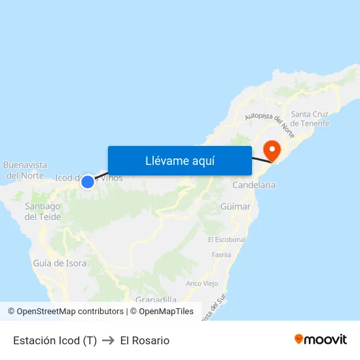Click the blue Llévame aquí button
179,160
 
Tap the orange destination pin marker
270,149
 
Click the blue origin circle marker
87,181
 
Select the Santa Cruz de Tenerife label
310,118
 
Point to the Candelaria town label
254,185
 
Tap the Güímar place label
236,207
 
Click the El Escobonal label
226,240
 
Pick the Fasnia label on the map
221,255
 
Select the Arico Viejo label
202,283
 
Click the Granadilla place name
158,299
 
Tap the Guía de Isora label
60,263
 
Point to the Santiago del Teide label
43,211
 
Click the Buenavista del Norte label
25,170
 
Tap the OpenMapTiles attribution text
166,312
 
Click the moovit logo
320,340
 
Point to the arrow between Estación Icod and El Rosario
108,340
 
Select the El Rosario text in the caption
145,340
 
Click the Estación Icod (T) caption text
55,340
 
